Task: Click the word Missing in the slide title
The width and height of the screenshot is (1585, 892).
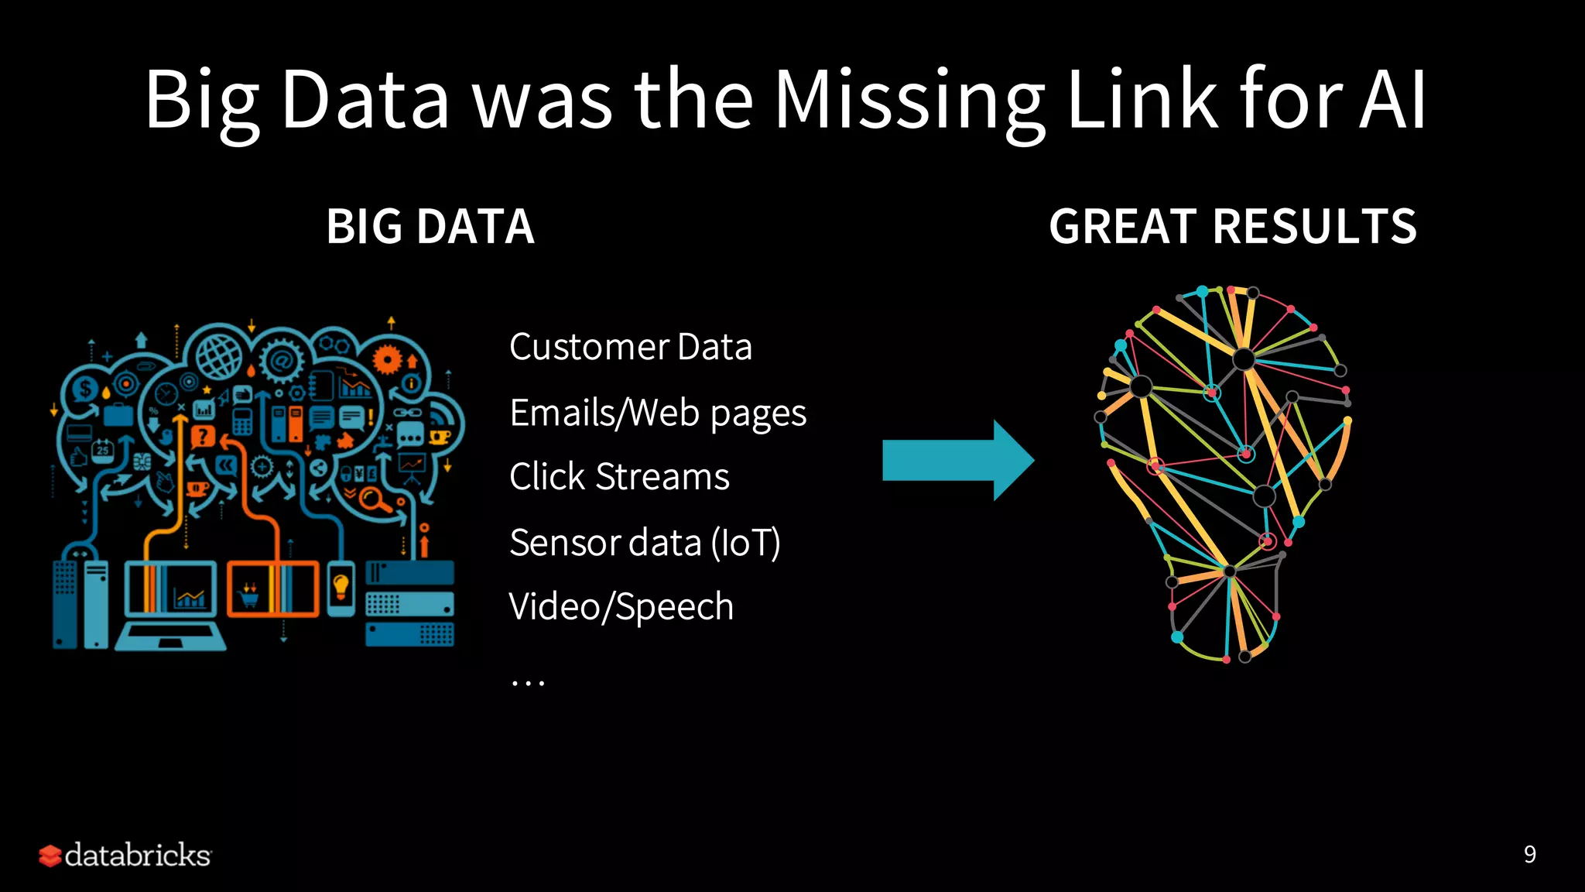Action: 909,101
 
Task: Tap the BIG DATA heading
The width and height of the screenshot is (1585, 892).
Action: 430,227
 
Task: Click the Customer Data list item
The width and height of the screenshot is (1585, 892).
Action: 631,347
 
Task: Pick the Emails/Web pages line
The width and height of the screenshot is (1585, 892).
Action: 658,413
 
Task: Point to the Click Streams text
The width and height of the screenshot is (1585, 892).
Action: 619,477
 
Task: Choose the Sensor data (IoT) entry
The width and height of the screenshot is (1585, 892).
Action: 645,543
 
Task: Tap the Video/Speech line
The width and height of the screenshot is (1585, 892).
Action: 621,606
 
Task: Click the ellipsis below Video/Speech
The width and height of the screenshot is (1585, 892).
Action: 528,682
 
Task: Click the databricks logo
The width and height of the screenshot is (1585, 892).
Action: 125,855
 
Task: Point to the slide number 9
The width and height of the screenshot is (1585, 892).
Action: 1529,854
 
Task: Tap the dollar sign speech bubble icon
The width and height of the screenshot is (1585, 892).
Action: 85,389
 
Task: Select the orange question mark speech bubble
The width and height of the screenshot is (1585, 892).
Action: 203,436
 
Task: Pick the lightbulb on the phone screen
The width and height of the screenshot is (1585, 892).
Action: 341,586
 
